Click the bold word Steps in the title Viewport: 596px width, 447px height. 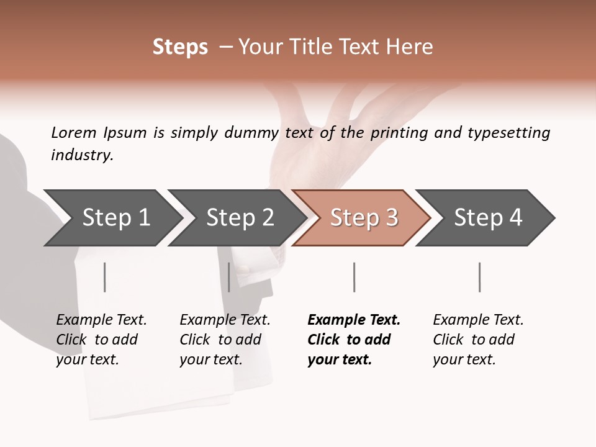[x=180, y=47]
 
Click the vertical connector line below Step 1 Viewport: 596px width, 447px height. [x=105, y=277]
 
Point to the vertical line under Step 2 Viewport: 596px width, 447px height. [x=229, y=277]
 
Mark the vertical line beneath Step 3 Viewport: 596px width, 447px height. [x=354, y=277]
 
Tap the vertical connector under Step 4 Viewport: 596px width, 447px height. [x=479, y=277]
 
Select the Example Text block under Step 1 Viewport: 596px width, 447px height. [x=101, y=340]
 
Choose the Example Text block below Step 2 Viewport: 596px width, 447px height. [x=225, y=340]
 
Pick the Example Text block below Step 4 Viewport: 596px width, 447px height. [x=478, y=340]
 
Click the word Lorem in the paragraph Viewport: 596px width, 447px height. [x=74, y=133]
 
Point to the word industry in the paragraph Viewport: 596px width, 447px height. [x=82, y=155]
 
